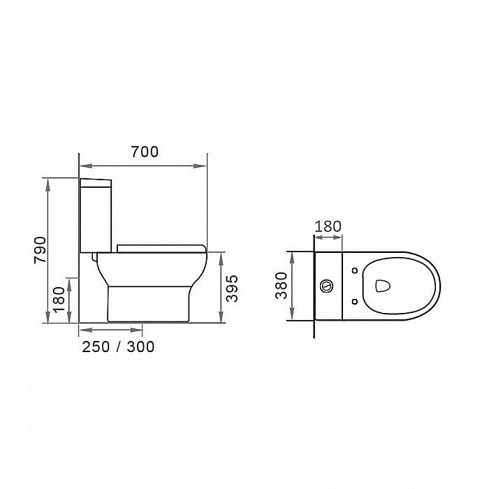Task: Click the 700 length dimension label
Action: [145, 152]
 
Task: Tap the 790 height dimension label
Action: [41, 250]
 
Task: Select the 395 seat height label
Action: [232, 289]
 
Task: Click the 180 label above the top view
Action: [328, 226]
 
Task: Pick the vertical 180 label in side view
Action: [59, 300]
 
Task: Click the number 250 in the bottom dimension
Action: [96, 346]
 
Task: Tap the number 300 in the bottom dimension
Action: [140, 346]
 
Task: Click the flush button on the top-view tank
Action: [326, 286]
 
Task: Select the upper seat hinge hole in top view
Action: [355, 270]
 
